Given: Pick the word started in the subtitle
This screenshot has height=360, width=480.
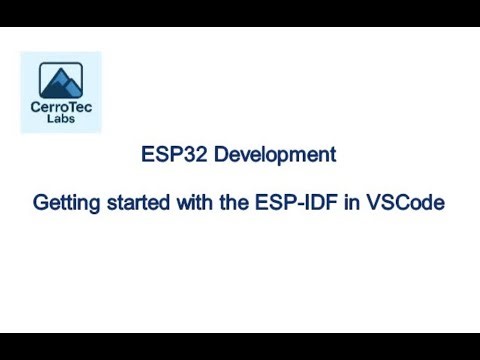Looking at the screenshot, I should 139,202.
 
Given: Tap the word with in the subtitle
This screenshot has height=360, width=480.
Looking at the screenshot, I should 197,202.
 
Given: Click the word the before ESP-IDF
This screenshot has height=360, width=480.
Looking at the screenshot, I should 236,202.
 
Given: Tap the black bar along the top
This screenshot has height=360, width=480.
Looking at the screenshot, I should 240,13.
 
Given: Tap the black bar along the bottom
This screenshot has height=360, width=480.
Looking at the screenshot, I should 240,346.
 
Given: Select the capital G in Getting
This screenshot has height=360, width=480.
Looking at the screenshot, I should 42,202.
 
